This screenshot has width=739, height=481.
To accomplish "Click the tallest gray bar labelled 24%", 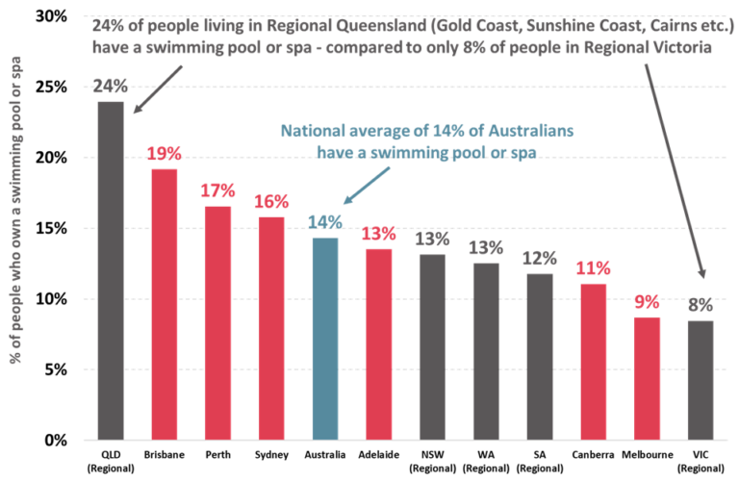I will [111, 269].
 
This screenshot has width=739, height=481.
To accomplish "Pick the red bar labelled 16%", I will [271, 327].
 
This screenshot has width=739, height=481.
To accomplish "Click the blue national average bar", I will [325, 338].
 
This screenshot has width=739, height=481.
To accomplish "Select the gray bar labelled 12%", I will [540, 356].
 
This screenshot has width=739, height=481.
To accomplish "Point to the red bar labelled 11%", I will [593, 361].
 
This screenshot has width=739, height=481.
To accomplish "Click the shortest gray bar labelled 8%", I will [700, 379].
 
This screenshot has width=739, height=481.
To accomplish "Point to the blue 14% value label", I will [325, 222].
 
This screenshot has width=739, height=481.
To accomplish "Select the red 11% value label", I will [593, 268].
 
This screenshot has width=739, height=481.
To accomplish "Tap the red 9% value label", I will [647, 302].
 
